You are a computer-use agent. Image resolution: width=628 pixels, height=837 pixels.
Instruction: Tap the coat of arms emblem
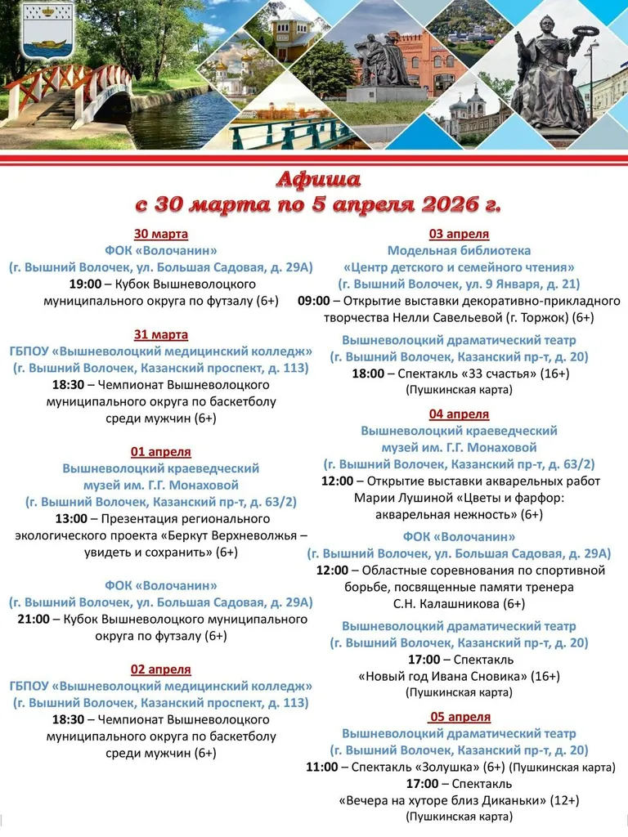[47, 30]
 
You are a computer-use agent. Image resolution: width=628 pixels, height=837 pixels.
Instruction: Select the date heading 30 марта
[160, 234]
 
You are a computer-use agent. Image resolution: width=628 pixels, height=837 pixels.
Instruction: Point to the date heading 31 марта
[160, 334]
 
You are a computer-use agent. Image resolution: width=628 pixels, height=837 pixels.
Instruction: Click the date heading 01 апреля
[160, 451]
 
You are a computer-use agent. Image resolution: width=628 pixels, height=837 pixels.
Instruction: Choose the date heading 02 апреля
[160, 669]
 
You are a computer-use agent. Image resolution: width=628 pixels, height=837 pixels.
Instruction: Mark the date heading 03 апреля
[459, 234]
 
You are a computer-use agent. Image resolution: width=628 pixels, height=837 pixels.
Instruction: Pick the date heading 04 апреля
[459, 414]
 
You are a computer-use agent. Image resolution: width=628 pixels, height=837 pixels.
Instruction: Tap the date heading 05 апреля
[460, 716]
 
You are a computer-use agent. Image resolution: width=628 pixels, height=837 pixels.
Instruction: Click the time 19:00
[85, 284]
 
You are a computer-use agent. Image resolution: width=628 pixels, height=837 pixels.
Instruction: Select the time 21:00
[34, 619]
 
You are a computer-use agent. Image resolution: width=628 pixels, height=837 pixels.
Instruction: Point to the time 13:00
[71, 518]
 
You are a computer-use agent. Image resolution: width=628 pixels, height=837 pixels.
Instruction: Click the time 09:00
[314, 300]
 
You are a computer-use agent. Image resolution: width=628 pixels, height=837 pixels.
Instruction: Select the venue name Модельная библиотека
[459, 250]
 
